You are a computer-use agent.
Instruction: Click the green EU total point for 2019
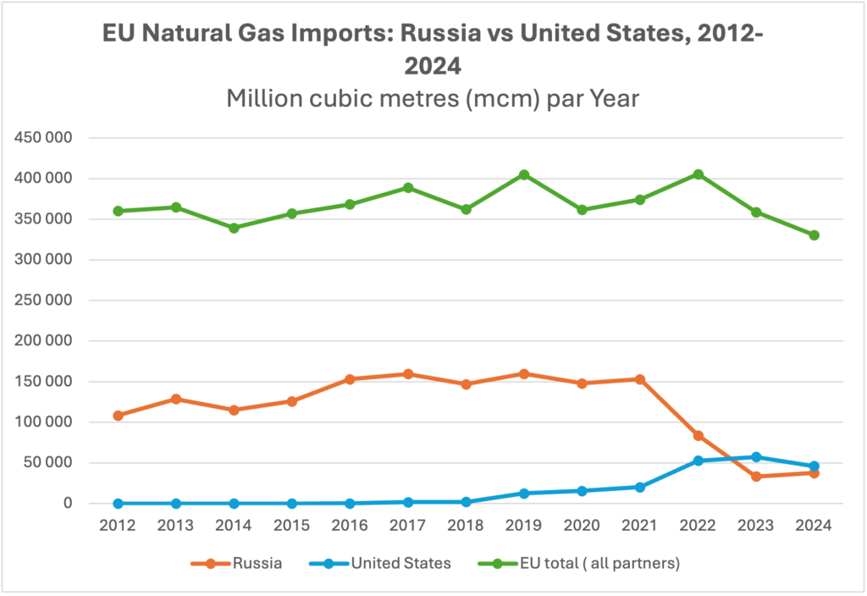[x=524, y=175]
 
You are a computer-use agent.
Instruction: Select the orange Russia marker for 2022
[x=699, y=436]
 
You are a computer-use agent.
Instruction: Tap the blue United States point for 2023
[x=756, y=457]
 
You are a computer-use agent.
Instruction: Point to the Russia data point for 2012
[x=118, y=415]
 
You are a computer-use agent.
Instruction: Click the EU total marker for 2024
[x=814, y=235]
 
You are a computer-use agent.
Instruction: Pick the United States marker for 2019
[x=524, y=494]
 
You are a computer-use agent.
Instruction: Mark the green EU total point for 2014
[x=234, y=228]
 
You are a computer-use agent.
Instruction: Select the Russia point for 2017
[x=408, y=374]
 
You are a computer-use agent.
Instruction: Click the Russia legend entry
[x=237, y=563]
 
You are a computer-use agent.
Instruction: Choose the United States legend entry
[x=380, y=563]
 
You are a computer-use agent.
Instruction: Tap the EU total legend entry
[x=579, y=563]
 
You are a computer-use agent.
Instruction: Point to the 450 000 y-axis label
[x=43, y=138]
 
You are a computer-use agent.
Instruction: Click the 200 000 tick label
[x=43, y=340]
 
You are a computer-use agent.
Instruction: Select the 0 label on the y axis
[x=68, y=503]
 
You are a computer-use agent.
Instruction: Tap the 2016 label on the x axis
[x=350, y=525]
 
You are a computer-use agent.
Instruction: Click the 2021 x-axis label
[x=640, y=525]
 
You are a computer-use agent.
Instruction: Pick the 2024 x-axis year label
[x=814, y=525]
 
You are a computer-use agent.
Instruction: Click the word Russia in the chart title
[x=441, y=33]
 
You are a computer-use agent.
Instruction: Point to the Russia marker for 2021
[x=640, y=379]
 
